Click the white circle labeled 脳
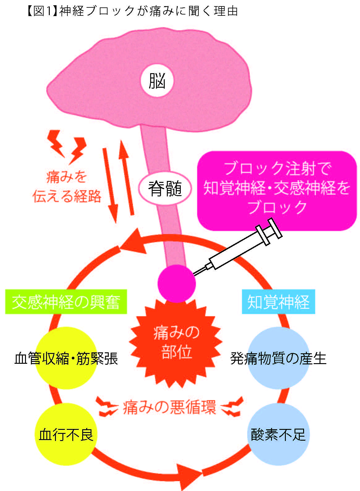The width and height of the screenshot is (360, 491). [x=157, y=80]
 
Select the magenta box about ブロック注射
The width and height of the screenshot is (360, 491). [x=277, y=191]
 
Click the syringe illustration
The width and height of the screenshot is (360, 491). [x=237, y=247]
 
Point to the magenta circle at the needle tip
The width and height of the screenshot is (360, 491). [x=176, y=284]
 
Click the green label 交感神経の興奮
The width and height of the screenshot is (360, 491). [x=66, y=302]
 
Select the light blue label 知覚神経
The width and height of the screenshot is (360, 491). [x=278, y=302]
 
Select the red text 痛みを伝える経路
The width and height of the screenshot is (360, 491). [x=67, y=186]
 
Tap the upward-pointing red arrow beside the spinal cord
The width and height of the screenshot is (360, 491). [x=126, y=178]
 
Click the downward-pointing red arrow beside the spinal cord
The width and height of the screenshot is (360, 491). [x=111, y=186]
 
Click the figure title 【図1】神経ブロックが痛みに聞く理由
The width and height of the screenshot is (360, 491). [x=133, y=11]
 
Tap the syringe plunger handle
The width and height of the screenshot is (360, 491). [x=275, y=228]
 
